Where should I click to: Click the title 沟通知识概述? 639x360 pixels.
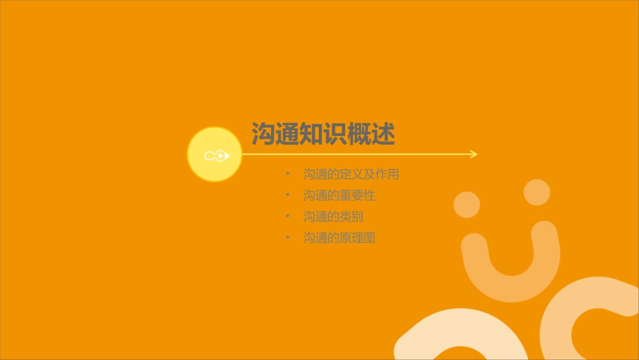(323, 135)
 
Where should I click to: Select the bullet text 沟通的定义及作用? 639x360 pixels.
(351, 174)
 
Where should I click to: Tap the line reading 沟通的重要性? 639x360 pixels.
(339, 196)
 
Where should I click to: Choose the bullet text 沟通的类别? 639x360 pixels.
(333, 217)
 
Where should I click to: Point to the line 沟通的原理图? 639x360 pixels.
(339, 238)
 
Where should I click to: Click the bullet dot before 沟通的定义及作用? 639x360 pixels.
(288, 174)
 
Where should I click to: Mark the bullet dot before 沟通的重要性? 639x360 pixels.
(288, 196)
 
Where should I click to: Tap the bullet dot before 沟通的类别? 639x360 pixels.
(288, 217)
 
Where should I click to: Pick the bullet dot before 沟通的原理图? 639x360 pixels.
(288, 238)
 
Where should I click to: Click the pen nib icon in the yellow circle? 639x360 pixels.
(216, 155)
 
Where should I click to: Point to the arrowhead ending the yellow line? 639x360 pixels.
(474, 154)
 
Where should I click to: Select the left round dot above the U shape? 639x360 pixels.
(466, 205)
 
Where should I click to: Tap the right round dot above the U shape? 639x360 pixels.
(537, 192)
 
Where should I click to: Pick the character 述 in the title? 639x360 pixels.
(383, 135)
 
